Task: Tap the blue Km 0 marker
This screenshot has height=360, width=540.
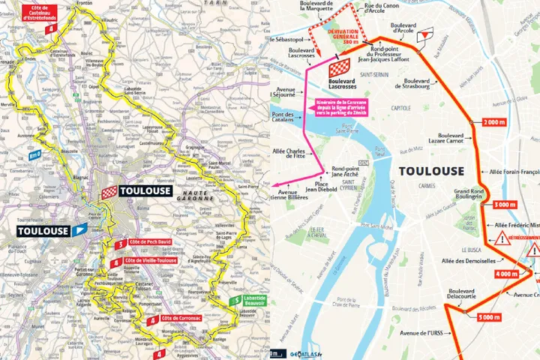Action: (x=34, y=154)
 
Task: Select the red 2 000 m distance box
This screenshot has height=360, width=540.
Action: (x=494, y=121)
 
